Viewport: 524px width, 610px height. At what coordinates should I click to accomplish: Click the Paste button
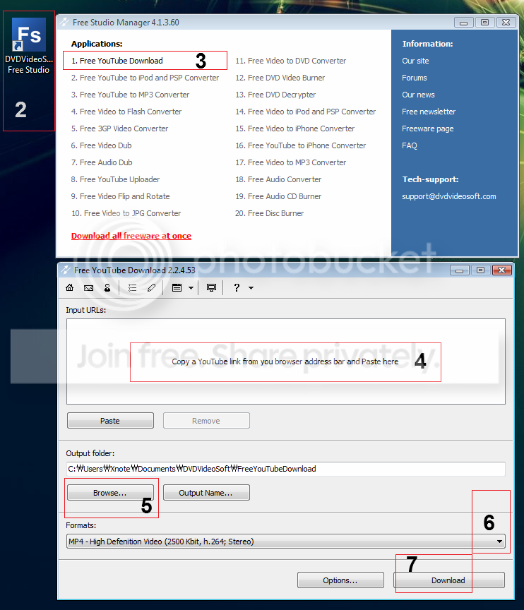[110, 421]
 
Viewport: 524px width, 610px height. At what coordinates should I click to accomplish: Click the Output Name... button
[206, 493]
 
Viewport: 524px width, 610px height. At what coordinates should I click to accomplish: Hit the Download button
[448, 580]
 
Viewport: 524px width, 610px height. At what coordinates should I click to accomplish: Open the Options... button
[340, 580]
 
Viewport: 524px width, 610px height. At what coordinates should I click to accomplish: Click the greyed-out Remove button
[206, 421]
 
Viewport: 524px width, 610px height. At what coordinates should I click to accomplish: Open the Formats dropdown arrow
[499, 541]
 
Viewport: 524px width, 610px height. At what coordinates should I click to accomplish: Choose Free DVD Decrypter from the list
[275, 95]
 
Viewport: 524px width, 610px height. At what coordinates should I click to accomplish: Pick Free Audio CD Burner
[278, 196]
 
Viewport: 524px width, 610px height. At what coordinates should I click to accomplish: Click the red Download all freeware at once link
[131, 236]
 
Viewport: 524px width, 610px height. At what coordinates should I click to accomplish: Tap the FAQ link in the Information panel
[410, 145]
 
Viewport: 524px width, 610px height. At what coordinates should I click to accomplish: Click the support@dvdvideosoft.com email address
[449, 196]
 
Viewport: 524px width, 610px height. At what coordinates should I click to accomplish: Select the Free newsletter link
[429, 112]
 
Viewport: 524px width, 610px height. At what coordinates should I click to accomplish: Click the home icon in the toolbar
[70, 287]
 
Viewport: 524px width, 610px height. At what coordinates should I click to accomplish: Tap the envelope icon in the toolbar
[89, 288]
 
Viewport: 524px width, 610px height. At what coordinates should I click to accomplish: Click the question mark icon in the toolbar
[237, 287]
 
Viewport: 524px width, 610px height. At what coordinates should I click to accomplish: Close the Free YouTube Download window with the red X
[502, 270]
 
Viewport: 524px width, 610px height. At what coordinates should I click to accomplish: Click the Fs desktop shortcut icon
[29, 35]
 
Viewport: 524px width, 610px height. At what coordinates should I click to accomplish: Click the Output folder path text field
[285, 469]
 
